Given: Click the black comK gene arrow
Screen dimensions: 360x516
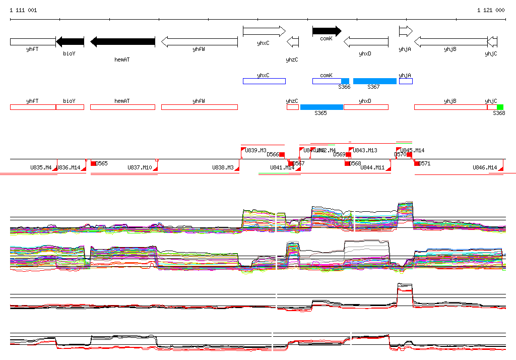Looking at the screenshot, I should (x=327, y=31).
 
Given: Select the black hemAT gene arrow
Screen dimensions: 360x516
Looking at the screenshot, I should (x=122, y=42).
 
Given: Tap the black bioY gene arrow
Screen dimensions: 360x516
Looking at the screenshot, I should (x=70, y=42).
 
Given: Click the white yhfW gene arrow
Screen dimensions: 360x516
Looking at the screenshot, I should (x=199, y=42).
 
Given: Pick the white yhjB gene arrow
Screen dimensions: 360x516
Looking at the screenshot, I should (x=450, y=42).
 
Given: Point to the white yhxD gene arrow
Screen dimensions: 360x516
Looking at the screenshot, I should (x=366, y=42).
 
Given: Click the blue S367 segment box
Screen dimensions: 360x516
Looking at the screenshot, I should (x=374, y=81).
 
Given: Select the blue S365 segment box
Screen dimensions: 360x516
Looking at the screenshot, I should (x=321, y=107).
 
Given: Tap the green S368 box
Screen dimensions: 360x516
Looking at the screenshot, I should (x=500, y=107).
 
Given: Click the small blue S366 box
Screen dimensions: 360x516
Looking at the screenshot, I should (x=345, y=81).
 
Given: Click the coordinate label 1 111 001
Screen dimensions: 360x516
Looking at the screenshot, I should (x=23, y=10).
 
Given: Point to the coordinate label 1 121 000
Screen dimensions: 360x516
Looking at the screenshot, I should (x=491, y=10).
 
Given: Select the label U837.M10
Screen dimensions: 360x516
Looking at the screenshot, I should (x=139, y=167).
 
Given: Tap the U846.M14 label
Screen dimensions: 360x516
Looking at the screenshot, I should (x=484, y=167).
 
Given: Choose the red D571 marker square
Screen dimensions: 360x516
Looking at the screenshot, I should (x=417, y=163).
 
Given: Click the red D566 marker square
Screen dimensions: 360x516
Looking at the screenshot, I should (x=282, y=154).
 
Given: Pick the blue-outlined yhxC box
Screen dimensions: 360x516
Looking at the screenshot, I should (x=264, y=81).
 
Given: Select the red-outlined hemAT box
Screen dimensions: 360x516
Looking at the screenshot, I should (x=122, y=107).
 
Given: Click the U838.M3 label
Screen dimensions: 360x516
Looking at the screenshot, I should (x=222, y=167).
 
